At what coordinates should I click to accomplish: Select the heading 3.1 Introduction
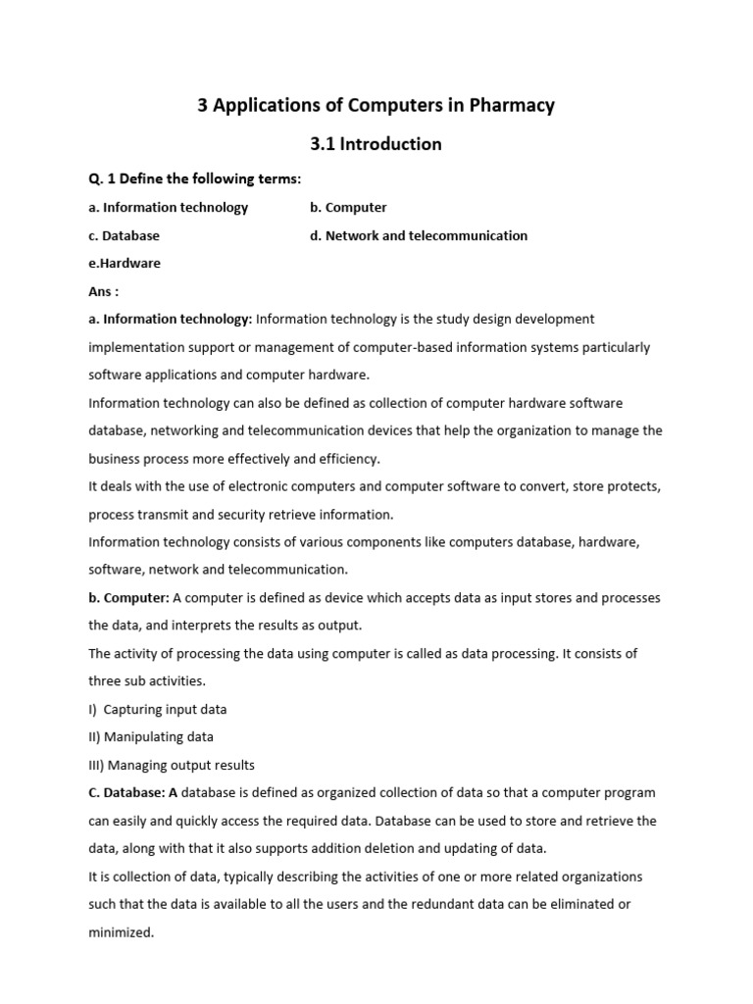point(376,144)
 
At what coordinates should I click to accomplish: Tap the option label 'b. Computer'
point(348,208)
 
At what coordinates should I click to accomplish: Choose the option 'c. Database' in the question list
point(124,235)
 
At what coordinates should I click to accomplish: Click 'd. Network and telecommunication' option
point(419,235)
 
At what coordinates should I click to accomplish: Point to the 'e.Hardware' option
point(125,263)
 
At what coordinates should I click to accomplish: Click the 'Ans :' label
point(103,291)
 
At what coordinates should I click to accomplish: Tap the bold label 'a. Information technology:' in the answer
point(171,319)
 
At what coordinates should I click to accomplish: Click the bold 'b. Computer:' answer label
point(129,597)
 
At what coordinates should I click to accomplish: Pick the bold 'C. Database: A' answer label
point(133,792)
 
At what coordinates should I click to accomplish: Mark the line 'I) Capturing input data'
point(158,709)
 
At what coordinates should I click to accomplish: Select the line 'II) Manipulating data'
point(151,736)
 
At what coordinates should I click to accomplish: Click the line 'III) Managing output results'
point(172,765)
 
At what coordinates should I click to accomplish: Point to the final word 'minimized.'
point(122,932)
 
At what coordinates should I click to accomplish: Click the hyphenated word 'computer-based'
point(378,347)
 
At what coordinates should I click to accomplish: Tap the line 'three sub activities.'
point(147,680)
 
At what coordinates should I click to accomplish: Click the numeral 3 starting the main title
point(203,105)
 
